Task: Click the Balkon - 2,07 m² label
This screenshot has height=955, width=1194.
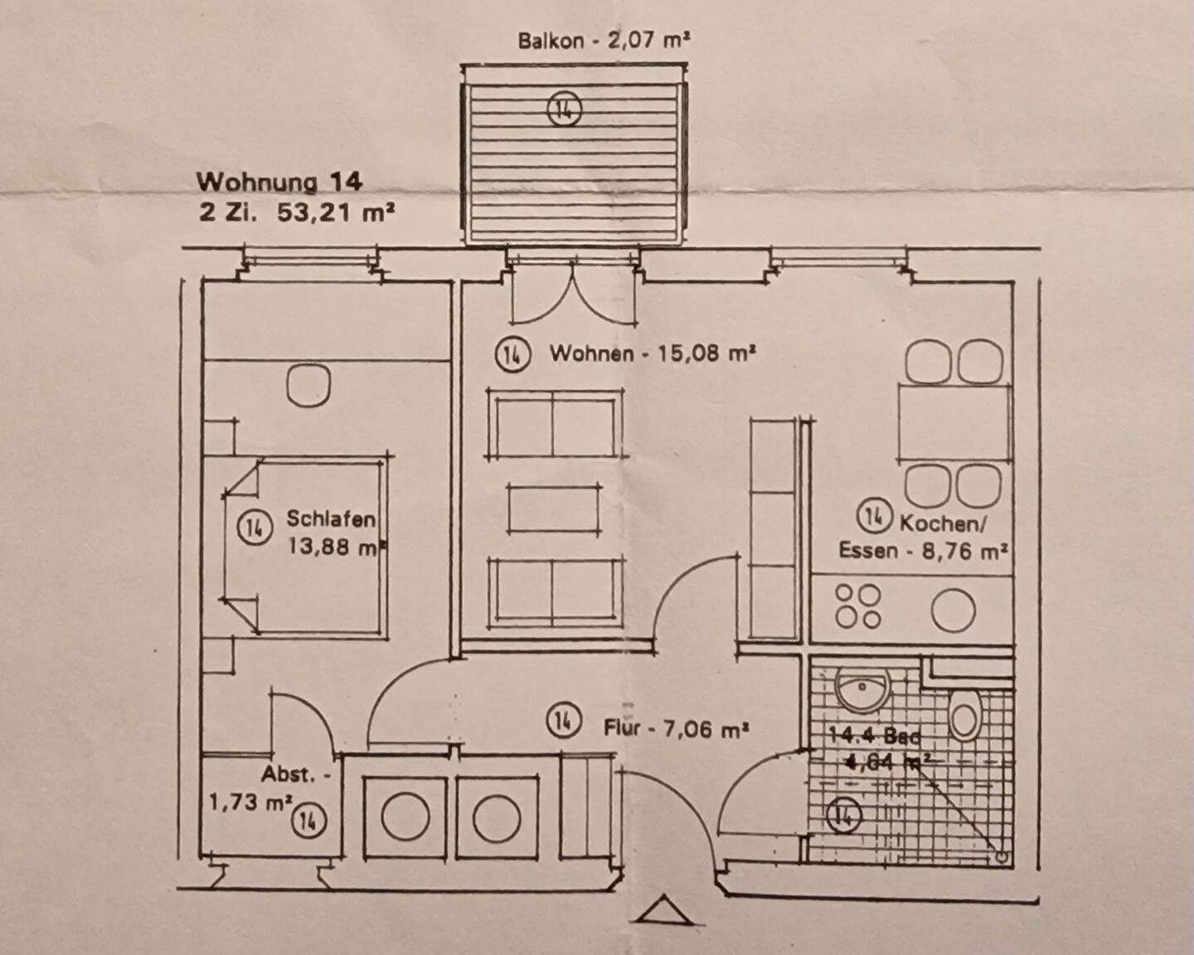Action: pyautogui.click(x=604, y=40)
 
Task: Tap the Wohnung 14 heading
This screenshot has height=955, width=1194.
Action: pyautogui.click(x=279, y=182)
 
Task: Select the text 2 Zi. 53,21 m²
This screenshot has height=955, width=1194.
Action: pyautogui.click(x=296, y=212)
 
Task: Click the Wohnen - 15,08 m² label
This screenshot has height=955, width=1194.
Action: pyautogui.click(x=652, y=354)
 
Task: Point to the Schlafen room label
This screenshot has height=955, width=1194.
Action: pyautogui.click(x=331, y=519)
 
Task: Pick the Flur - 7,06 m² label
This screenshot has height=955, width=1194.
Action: pyautogui.click(x=676, y=729)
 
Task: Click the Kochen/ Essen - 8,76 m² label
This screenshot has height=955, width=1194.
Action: pyautogui.click(x=923, y=537)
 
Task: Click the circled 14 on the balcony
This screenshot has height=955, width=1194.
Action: pyautogui.click(x=564, y=109)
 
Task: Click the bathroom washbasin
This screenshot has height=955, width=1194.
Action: pyautogui.click(x=862, y=689)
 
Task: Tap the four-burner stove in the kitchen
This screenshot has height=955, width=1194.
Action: pyautogui.click(x=857, y=607)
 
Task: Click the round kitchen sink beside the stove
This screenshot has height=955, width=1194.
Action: pyautogui.click(x=953, y=611)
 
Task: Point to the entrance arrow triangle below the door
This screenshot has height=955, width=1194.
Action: pyautogui.click(x=663, y=911)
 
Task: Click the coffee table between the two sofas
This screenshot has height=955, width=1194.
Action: pyautogui.click(x=555, y=509)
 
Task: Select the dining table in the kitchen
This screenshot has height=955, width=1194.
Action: pyautogui.click(x=954, y=423)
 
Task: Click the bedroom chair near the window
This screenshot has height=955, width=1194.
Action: pyautogui.click(x=308, y=385)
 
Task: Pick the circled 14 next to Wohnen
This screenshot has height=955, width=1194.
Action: pyautogui.click(x=512, y=355)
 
